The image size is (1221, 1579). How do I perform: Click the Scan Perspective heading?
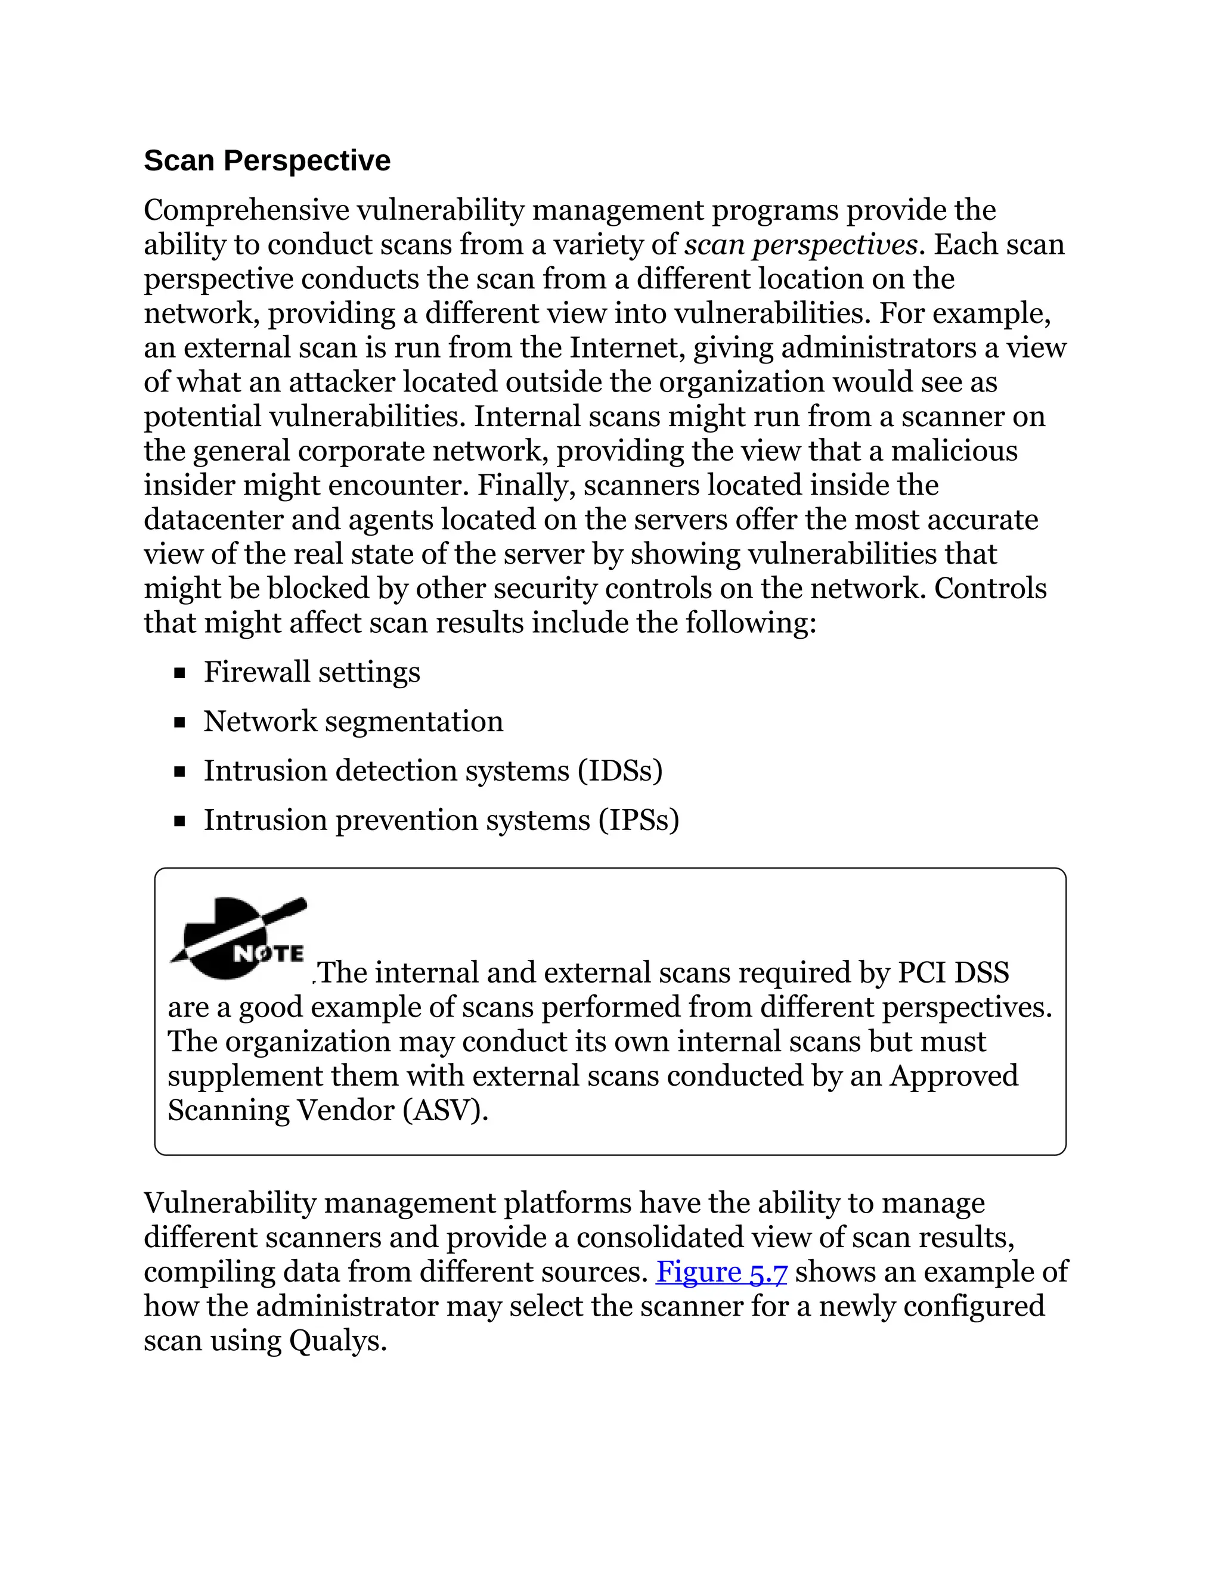pyautogui.click(x=267, y=160)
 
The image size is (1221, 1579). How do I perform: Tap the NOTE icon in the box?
pyautogui.click(x=238, y=938)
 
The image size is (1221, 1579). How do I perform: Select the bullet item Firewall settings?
pyautogui.click(x=312, y=672)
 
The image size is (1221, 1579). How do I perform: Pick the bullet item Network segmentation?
pyautogui.click(x=353, y=722)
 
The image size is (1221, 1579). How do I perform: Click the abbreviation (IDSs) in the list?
pyautogui.click(x=620, y=770)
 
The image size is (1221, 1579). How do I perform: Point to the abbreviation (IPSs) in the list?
pyautogui.click(x=639, y=820)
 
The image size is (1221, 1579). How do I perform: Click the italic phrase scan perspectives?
pyautogui.click(x=801, y=245)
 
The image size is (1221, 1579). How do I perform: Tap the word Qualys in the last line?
pyautogui.click(x=336, y=1341)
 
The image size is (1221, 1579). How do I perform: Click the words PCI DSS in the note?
pyautogui.click(x=953, y=973)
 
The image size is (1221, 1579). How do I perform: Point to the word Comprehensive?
pyautogui.click(x=247, y=210)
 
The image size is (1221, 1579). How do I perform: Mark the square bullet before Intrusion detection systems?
pyautogui.click(x=180, y=772)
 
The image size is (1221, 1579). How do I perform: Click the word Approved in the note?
pyautogui.click(x=953, y=1076)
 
